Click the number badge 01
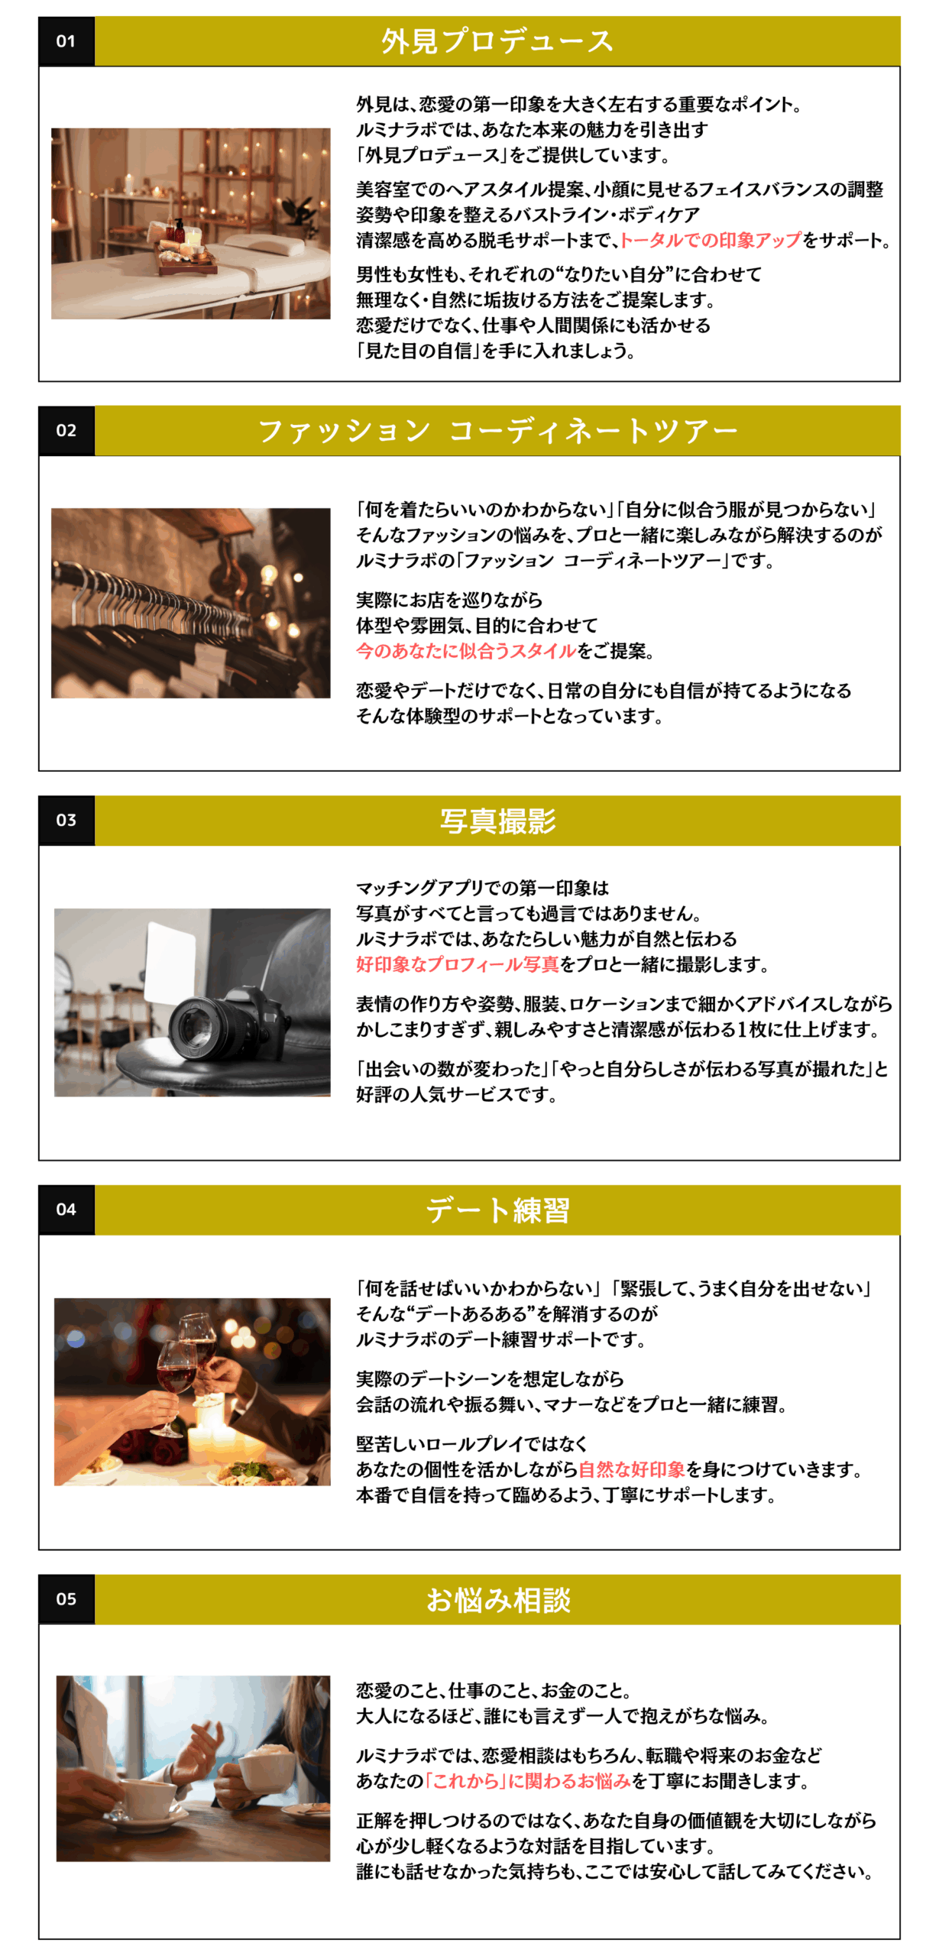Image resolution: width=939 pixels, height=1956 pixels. tap(66, 41)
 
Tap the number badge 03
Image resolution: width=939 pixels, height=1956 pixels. tap(66, 820)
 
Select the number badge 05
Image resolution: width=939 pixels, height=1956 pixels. tap(66, 1598)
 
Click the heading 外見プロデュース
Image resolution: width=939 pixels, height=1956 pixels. tap(497, 41)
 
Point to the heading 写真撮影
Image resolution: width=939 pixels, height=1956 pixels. tap(497, 821)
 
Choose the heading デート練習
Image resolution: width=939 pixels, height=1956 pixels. tap(497, 1210)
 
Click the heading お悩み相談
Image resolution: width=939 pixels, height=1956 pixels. tap(497, 1599)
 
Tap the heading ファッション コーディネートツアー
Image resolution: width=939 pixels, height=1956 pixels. tap(497, 431)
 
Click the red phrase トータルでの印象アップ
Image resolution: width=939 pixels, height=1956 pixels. tap(711, 240)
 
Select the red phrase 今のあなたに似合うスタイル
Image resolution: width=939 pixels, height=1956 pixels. tap(466, 651)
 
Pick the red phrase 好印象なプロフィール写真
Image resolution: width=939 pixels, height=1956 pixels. tap(458, 964)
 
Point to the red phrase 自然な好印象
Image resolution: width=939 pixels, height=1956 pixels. tap(631, 1469)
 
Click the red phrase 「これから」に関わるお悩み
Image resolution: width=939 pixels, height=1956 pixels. tap(528, 1781)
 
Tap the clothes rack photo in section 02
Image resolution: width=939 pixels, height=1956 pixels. tap(191, 603)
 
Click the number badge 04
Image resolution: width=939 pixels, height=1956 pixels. tap(66, 1210)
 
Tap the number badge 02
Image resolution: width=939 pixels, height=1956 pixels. tap(66, 431)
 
